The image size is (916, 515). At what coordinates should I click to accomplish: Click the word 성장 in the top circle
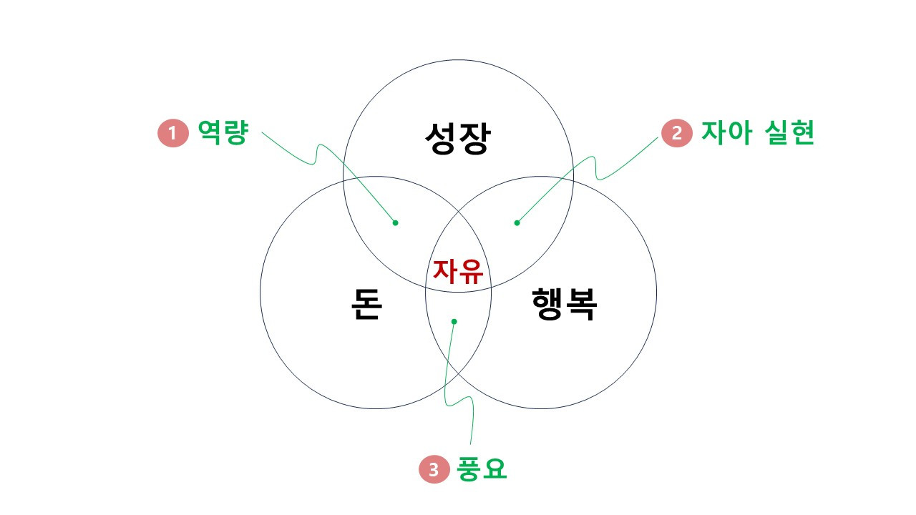[x=457, y=138]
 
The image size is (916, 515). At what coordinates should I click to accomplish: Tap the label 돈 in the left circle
[x=366, y=304]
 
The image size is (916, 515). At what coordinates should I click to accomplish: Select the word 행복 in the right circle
[x=565, y=304]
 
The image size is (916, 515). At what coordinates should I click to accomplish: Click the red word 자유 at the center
[x=458, y=272]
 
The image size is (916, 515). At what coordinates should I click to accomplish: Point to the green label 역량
[x=223, y=133]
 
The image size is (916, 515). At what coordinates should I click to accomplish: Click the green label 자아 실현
[x=757, y=133]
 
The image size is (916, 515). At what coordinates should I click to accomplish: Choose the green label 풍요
[x=482, y=469]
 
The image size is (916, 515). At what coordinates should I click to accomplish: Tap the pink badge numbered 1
[x=172, y=134]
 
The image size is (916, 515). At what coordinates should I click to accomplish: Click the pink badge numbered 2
[x=676, y=134]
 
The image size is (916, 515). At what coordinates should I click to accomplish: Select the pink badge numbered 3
[x=433, y=470]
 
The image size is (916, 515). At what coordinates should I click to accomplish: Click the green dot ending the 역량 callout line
[x=395, y=222]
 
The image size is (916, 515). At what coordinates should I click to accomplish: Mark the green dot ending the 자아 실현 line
[x=517, y=222]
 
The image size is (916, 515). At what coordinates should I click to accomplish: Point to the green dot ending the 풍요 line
[x=454, y=321]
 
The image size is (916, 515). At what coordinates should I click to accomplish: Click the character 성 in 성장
[x=440, y=138]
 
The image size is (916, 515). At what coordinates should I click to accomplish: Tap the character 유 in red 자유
[x=472, y=272]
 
